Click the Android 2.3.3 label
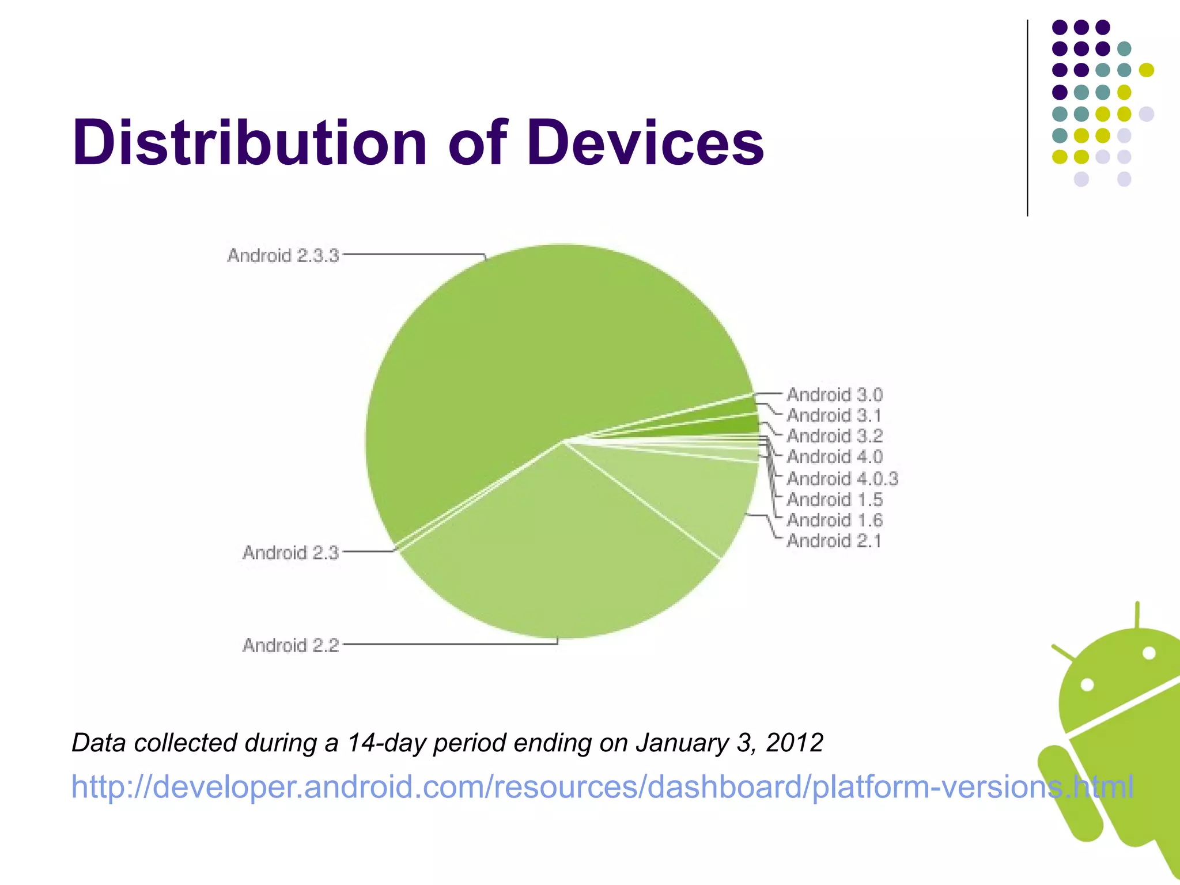283,255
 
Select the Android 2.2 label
290,645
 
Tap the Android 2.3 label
290,553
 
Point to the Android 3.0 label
834,395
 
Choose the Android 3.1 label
834,415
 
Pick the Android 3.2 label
834,436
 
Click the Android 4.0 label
834,457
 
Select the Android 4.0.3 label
842,478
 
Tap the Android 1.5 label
834,499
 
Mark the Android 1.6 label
834,520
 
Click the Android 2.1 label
834,541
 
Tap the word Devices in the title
645,142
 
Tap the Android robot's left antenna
1063,652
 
